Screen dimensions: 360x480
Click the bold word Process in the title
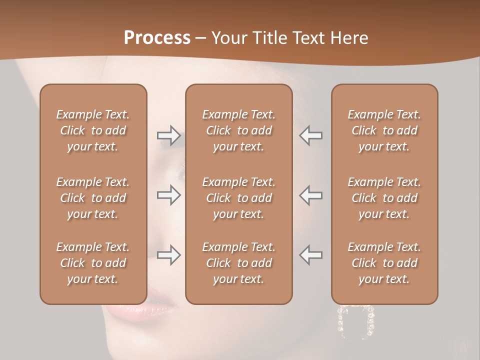pyautogui.click(x=157, y=38)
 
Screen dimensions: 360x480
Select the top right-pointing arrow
pyautogui.click(x=168, y=135)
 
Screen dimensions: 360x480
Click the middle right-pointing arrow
pyautogui.click(x=168, y=195)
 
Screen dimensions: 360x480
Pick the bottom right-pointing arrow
pyautogui.click(x=168, y=255)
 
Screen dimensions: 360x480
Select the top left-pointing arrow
pyautogui.click(x=310, y=135)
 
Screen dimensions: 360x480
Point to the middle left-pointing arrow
pyautogui.click(x=310, y=195)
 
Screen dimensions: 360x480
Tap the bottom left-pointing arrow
pyautogui.click(x=310, y=255)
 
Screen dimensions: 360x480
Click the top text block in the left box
pyautogui.click(x=93, y=130)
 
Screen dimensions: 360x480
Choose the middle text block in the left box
pyautogui.click(x=93, y=198)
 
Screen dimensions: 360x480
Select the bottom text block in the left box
pyautogui.click(x=93, y=263)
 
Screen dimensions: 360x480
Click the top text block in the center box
pyautogui.click(x=238, y=130)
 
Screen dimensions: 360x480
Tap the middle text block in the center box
pyautogui.click(x=238, y=198)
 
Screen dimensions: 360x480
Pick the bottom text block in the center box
pyautogui.click(x=238, y=263)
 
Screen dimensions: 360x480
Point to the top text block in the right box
pyautogui.click(x=384, y=130)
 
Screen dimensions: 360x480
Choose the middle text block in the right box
pyautogui.click(x=384, y=198)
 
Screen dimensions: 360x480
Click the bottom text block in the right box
pyautogui.click(x=384, y=263)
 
